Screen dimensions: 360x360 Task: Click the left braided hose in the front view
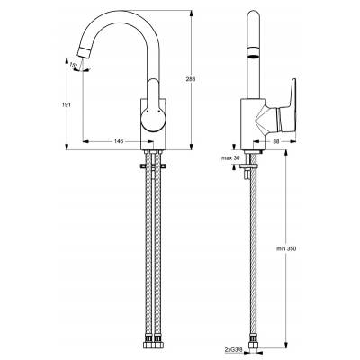pos(147,252)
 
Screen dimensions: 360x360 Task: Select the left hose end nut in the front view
pos(147,342)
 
